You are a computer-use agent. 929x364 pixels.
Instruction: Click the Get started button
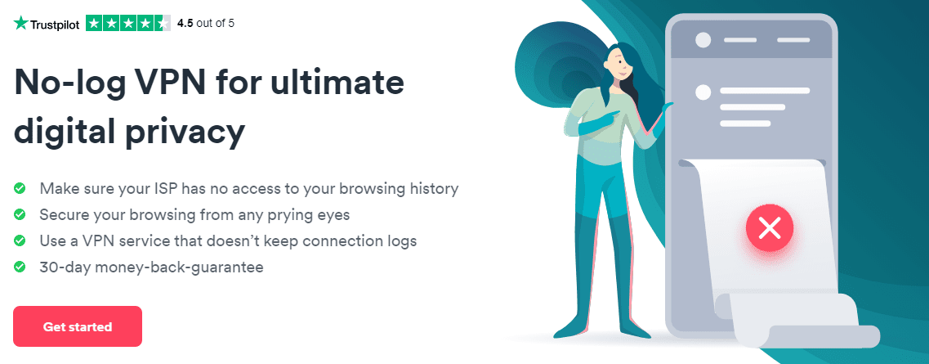click(x=78, y=326)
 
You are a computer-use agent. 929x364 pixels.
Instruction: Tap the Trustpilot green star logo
click(x=20, y=23)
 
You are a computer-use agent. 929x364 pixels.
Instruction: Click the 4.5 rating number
click(x=185, y=24)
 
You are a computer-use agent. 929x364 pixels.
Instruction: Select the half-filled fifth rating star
click(x=163, y=23)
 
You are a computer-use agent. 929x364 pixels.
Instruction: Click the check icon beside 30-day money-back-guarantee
click(x=20, y=267)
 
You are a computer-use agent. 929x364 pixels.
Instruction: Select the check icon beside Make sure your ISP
click(x=20, y=188)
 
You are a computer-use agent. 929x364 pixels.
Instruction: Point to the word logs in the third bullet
click(x=400, y=240)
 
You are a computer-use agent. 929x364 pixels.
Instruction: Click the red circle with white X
click(x=770, y=228)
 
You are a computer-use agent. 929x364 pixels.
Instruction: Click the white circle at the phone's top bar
click(x=703, y=40)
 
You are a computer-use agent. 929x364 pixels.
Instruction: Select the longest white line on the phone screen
click(x=764, y=91)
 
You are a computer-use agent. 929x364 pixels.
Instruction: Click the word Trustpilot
click(x=55, y=25)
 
